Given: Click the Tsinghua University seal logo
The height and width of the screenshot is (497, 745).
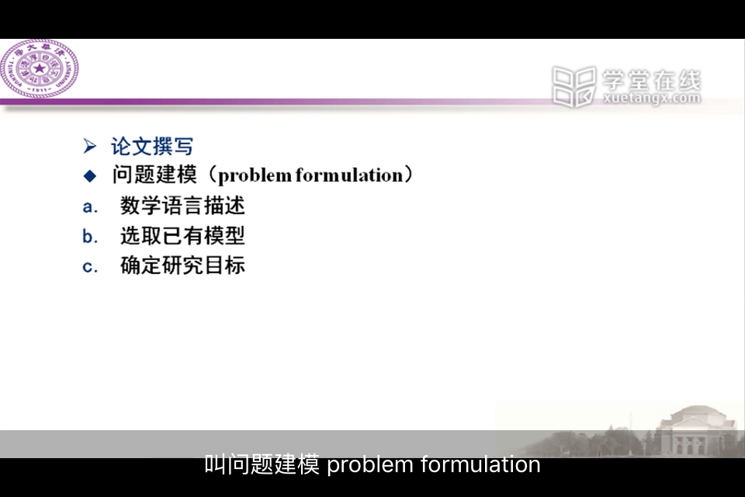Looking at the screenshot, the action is (x=40, y=68).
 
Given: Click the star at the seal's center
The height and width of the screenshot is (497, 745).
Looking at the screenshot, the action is (x=40, y=68).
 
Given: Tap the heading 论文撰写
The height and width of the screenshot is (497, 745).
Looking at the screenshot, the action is (x=152, y=146).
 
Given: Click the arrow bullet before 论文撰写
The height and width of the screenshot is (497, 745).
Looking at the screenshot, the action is (x=89, y=146).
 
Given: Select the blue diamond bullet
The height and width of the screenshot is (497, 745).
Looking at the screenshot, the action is (x=90, y=176).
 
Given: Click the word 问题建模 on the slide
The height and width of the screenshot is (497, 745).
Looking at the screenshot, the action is (x=155, y=175).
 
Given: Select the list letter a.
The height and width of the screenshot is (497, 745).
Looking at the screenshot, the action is (x=90, y=207).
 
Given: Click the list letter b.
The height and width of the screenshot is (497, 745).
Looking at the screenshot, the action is (x=90, y=236).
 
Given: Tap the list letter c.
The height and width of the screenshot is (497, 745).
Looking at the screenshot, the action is (x=90, y=266).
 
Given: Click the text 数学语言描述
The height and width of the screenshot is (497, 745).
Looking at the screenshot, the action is (x=182, y=206).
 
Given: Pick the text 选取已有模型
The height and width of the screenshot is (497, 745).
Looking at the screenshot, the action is (x=182, y=236).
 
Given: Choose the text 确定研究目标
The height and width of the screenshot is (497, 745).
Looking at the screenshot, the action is (x=182, y=266).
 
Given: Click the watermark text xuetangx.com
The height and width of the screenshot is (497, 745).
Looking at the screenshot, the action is (x=652, y=99).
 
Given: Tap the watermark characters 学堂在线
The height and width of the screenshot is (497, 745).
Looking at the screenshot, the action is (x=652, y=81).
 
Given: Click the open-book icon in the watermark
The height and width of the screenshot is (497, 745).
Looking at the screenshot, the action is (x=574, y=86).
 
